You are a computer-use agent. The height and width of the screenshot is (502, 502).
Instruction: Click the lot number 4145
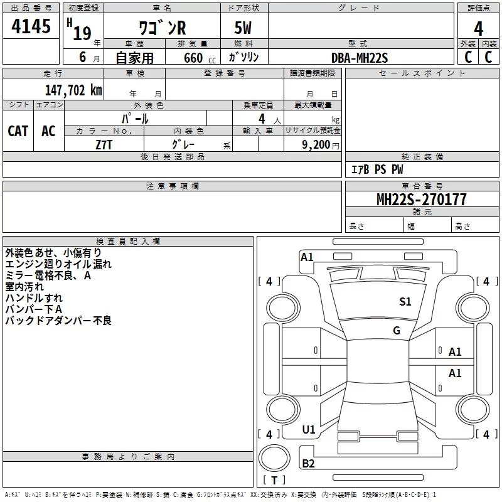tap(31, 26)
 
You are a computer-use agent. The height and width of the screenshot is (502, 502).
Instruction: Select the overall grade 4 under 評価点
tap(478, 29)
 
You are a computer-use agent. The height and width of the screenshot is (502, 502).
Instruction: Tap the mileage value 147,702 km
tap(73, 90)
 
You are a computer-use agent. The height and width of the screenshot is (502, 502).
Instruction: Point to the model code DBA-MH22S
tap(360, 58)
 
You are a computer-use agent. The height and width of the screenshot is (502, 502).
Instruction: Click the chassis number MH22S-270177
tap(421, 200)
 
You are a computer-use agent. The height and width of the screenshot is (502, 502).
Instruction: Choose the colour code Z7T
tap(104, 145)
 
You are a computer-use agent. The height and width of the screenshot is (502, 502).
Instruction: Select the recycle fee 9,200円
tap(321, 145)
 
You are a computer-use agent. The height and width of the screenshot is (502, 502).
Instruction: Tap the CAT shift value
tap(18, 131)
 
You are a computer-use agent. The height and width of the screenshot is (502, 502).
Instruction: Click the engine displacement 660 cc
tap(200, 58)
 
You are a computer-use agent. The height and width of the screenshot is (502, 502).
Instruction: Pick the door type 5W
tap(243, 28)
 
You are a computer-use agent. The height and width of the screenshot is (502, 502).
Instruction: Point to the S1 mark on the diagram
tap(405, 302)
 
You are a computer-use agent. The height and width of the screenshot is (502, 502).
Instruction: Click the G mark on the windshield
tap(397, 331)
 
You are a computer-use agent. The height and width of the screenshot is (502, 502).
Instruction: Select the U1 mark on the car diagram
tap(309, 430)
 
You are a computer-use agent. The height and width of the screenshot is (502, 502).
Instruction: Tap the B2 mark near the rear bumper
tap(308, 464)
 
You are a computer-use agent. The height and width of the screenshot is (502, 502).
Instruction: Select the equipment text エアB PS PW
tap(377, 169)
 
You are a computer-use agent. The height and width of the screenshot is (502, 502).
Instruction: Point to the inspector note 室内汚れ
tap(24, 287)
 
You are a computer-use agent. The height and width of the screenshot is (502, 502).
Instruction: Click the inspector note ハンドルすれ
tap(34, 297)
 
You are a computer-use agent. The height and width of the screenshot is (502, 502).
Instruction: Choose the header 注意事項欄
tap(173, 186)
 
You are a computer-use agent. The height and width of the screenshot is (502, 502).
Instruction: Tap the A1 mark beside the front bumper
tap(307, 257)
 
